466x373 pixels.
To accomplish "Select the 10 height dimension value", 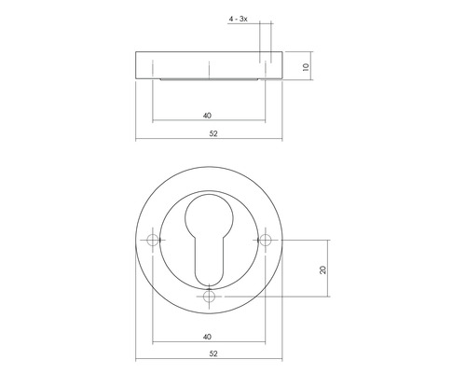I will pyautogui.click(x=305, y=67).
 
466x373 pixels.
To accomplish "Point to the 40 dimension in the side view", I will pyautogui.click(x=207, y=116).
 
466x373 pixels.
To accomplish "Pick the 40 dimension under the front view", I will pyautogui.click(x=207, y=337).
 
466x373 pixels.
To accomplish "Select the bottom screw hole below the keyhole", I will pyautogui.click(x=209, y=297).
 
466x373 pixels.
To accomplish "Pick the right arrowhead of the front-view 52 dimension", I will pyautogui.click(x=281, y=361).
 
